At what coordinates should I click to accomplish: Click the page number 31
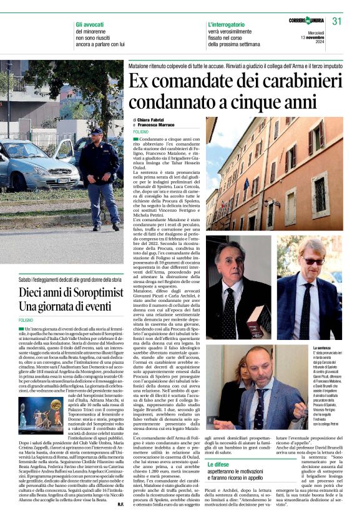(337, 21)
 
